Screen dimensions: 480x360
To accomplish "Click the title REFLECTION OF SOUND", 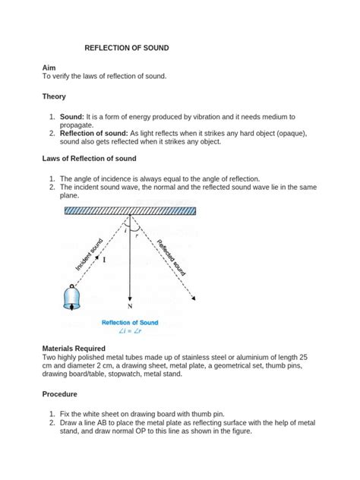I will point(126,48).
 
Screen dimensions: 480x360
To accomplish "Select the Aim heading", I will point(50,68).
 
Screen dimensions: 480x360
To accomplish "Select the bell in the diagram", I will point(71,297).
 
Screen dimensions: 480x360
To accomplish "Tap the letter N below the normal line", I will point(130,306).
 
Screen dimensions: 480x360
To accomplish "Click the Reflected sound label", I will point(172,257).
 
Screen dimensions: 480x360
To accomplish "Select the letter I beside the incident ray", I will point(104,259).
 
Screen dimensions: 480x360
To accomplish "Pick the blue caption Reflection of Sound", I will point(130,322).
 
